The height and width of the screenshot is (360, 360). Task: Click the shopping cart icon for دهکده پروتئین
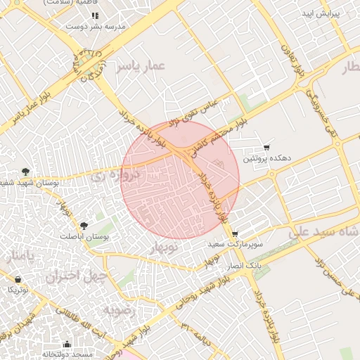[x=266, y=148]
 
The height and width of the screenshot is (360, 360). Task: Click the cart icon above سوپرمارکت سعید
[x=234, y=234]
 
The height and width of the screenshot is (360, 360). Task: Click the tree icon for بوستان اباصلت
[x=84, y=226]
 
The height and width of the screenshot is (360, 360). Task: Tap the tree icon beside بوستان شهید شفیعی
[x=26, y=171]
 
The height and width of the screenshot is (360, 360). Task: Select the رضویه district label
[x=117, y=310]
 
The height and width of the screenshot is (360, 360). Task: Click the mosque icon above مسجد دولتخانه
[x=67, y=344]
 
